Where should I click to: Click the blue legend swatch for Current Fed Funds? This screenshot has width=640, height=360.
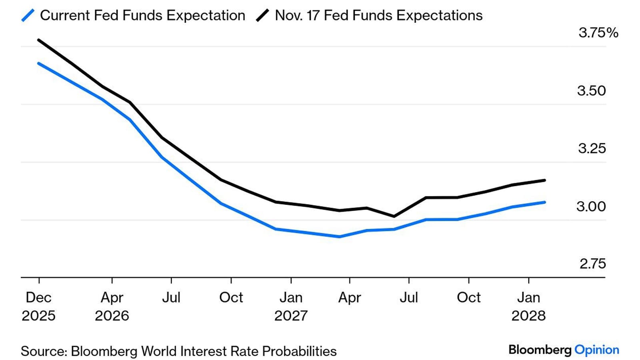(28, 16)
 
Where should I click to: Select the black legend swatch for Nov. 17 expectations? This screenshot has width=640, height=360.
(262, 16)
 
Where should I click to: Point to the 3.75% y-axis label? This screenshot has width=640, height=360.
(598, 32)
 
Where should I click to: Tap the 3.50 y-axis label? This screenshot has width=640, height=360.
(591, 91)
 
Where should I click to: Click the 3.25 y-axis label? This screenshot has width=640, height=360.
(592, 148)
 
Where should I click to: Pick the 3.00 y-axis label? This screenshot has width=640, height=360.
(591, 206)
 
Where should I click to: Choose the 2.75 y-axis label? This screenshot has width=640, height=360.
(592, 264)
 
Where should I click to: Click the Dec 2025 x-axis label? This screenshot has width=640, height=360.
(38, 306)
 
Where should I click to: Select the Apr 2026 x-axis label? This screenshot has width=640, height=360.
(112, 306)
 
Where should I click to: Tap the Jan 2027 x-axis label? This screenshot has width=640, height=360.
(291, 306)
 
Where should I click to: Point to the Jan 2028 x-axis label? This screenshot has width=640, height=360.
(528, 306)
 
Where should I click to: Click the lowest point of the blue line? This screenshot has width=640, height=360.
(339, 237)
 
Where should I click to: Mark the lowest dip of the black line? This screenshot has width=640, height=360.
(394, 216)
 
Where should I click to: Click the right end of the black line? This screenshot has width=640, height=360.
(545, 180)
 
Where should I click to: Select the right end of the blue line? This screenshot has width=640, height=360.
(545, 202)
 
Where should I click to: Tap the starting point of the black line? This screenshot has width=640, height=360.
(38, 40)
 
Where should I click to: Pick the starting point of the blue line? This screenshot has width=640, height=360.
(38, 63)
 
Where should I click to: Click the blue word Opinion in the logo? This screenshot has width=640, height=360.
(596, 350)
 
